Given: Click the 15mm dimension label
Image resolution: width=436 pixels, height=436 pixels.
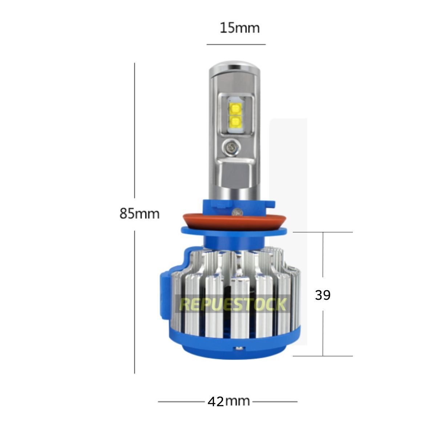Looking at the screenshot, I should [x=239, y=28].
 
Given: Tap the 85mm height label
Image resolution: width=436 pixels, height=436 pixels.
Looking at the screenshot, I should [x=140, y=214].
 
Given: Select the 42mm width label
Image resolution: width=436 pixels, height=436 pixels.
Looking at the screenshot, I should [x=229, y=401].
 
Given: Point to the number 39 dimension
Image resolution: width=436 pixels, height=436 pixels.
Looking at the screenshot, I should [x=323, y=295].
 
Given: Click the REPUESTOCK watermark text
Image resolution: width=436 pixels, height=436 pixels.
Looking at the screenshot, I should [x=233, y=304].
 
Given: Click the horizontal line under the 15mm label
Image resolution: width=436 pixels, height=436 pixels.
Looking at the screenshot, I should [x=236, y=44].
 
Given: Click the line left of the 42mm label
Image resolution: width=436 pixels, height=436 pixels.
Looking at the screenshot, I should [x=181, y=401].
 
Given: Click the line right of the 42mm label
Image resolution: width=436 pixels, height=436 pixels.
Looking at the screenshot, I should [x=275, y=401].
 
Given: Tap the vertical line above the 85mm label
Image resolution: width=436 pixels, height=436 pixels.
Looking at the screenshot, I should [x=134, y=134].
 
